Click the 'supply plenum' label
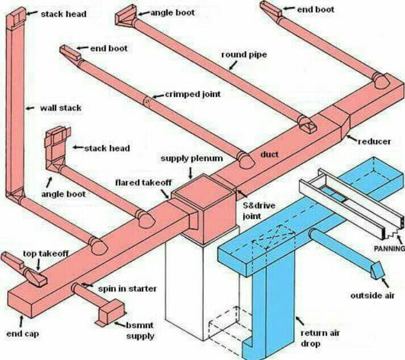tap(191, 158)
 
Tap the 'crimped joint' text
tap(193, 94)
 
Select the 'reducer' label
tap(374, 141)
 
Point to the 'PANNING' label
tap(390, 249)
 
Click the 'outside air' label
tap(373, 295)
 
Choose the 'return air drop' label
tap(320, 338)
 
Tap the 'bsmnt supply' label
tap(140, 330)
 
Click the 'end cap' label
tap(23, 334)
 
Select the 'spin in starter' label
tap(127, 288)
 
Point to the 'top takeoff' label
tap(45, 254)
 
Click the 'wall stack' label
tap(60, 108)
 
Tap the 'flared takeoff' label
tap(143, 183)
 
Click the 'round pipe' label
tap(244, 55)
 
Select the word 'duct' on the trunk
tap(269, 154)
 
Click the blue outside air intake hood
tap(378, 270)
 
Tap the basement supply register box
tap(111, 311)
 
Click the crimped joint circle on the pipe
tap(147, 102)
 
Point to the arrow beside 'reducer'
tap(352, 139)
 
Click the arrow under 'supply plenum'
tap(191, 173)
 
